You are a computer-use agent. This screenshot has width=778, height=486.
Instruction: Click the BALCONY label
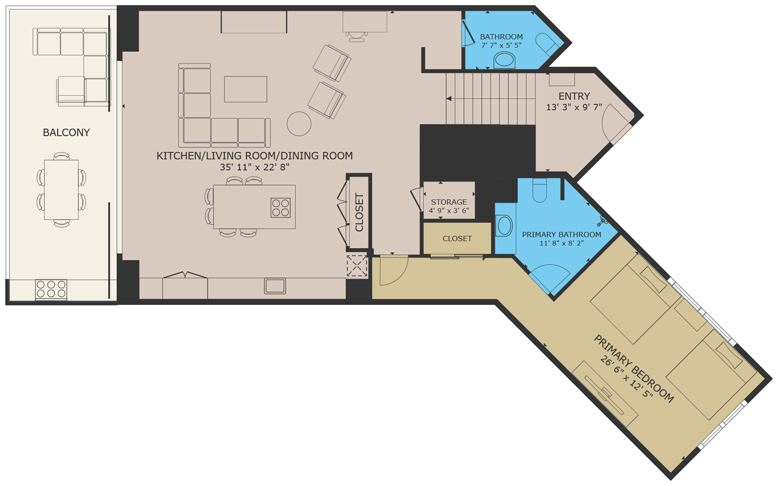point(66,132)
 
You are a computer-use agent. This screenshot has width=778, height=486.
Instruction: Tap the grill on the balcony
point(51,289)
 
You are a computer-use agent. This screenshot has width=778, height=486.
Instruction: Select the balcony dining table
point(61,190)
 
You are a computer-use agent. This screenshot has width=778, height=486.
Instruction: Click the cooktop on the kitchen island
point(280,208)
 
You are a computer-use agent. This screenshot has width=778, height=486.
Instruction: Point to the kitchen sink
point(275,286)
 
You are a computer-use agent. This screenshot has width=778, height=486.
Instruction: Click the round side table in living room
point(299,123)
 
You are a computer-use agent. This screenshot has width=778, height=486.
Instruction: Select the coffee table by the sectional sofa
point(245,89)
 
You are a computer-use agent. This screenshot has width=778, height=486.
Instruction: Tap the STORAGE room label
point(449,202)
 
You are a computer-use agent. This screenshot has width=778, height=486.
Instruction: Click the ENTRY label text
point(574,96)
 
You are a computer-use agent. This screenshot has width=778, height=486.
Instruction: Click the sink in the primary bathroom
point(505,226)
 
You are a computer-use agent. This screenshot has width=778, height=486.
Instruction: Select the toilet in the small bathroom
point(547,44)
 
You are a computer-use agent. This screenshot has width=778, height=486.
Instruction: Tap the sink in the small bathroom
point(505,60)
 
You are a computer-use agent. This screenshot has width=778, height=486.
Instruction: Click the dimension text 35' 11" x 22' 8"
point(254,167)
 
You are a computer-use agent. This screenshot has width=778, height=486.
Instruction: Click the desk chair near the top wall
point(356,36)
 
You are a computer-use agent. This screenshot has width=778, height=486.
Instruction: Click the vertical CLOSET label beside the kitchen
point(359,212)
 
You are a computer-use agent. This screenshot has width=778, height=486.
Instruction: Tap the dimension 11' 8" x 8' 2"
point(561,243)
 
